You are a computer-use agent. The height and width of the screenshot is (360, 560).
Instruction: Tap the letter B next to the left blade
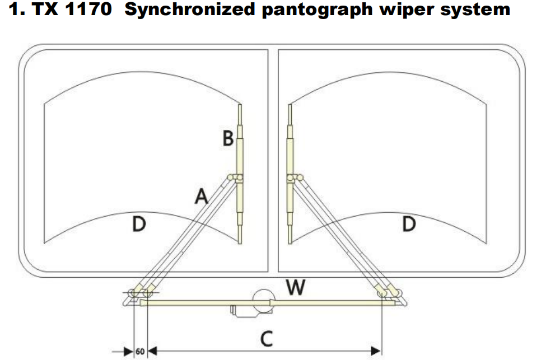[x=228, y=138]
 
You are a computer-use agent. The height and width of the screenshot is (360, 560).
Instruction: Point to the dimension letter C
[x=267, y=338]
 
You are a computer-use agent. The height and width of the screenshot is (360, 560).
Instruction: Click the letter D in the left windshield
[x=139, y=225]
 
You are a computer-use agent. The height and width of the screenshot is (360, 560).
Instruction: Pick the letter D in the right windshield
[x=409, y=225]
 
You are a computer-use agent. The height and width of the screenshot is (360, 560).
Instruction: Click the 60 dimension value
[x=140, y=352]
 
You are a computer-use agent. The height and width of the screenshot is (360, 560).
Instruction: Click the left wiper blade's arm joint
[x=235, y=178]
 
